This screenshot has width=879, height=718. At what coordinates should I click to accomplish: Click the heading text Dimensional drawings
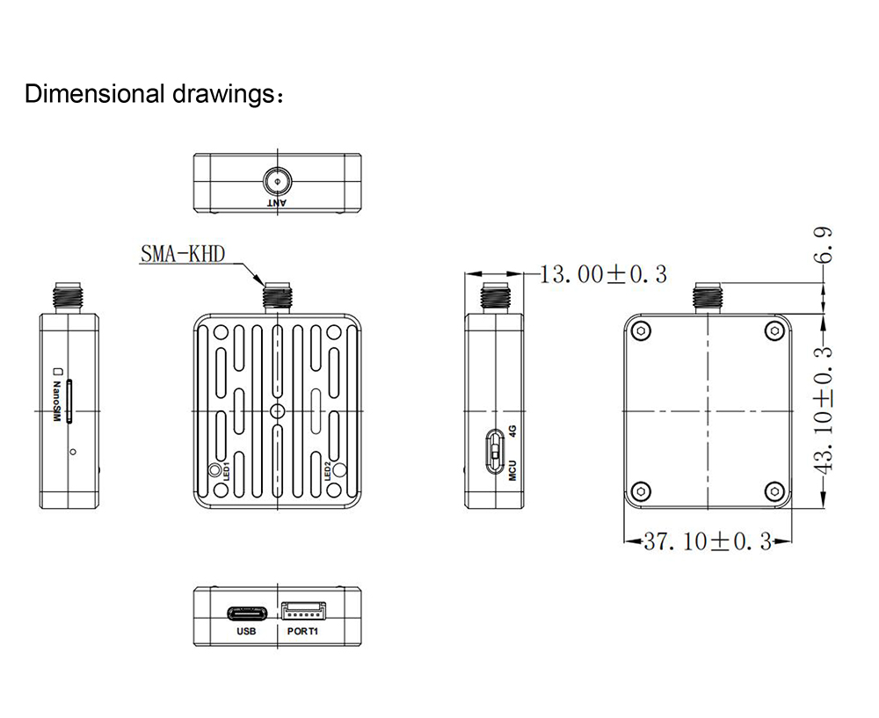coord(154,94)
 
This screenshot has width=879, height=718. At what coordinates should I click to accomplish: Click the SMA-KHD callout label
coord(183,255)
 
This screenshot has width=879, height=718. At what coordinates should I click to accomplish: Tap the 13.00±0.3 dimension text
coord(602,274)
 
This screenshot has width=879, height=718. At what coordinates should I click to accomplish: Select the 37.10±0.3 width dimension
coord(707,541)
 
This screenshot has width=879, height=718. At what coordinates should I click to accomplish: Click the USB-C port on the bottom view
coord(246,612)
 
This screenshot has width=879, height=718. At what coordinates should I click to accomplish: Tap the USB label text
coord(246,632)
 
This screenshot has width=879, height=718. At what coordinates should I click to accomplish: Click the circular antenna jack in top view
coord(277,182)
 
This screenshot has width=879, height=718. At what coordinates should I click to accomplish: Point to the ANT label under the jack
coord(277,203)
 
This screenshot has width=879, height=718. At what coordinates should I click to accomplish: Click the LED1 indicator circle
coord(214,471)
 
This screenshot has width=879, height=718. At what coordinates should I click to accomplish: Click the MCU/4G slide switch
coord(495,450)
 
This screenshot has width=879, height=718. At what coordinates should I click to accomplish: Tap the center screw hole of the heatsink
coord(278,411)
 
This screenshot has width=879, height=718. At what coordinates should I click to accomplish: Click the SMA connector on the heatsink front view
coord(278,296)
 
